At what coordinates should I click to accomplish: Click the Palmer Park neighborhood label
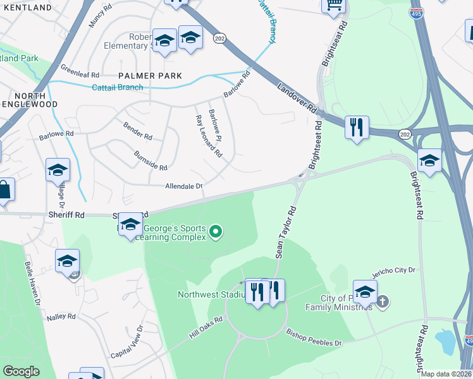point(152,76)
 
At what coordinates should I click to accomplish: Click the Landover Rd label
point(296,98)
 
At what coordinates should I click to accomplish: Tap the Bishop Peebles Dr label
point(314,337)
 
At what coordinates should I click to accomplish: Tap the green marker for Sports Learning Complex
point(216,232)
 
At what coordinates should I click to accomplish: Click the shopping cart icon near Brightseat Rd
point(333,5)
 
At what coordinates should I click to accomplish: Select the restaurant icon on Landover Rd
point(357,128)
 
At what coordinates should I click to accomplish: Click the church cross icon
point(382,301)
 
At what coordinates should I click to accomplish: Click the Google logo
point(21,371)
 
